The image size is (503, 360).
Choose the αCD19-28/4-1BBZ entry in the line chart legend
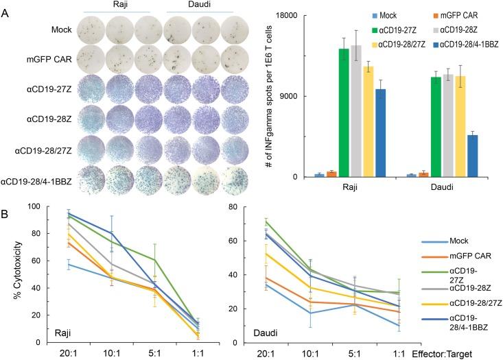click(x=447, y=322)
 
